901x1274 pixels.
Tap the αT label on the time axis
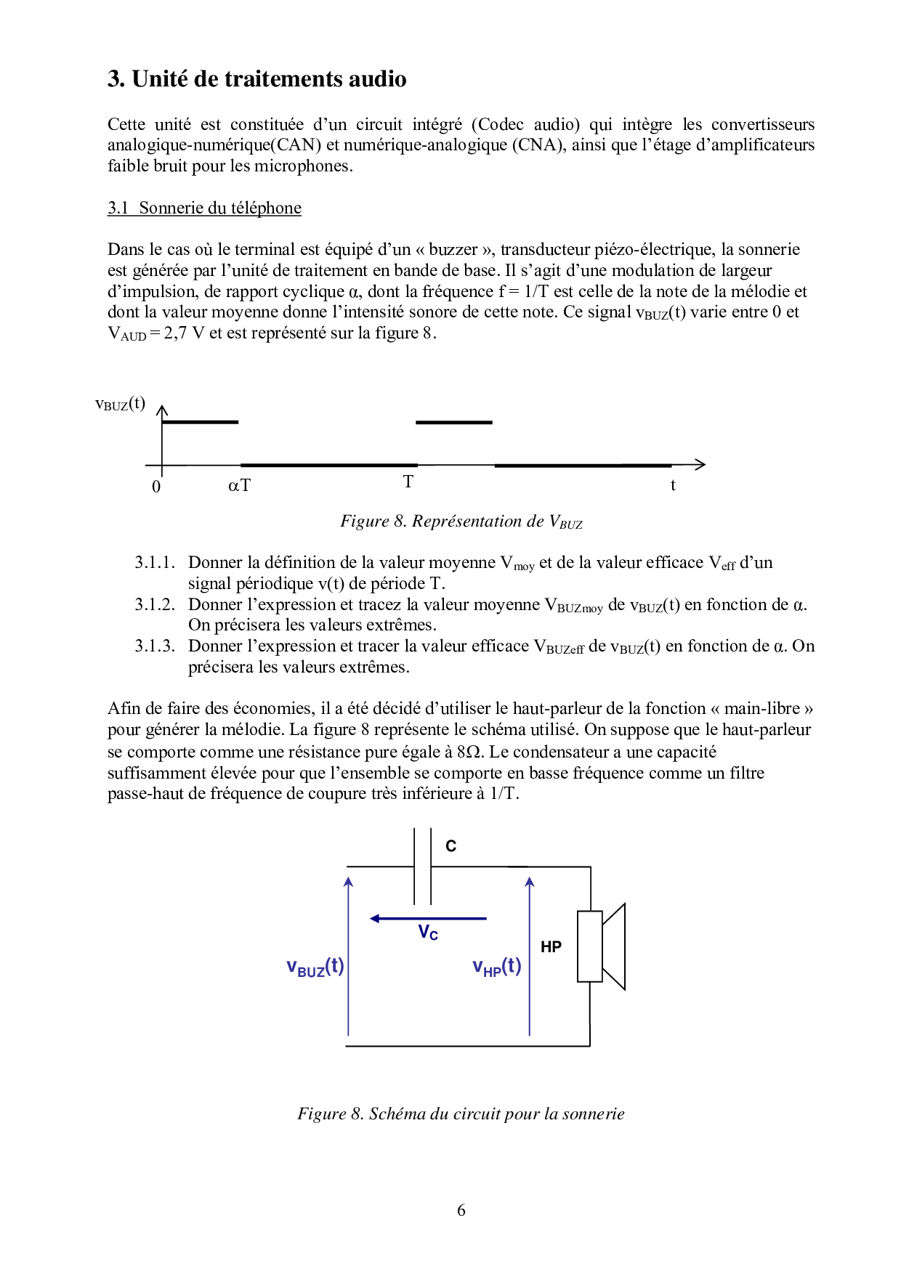click(239, 485)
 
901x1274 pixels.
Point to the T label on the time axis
click(408, 482)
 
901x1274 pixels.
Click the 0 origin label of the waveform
click(156, 487)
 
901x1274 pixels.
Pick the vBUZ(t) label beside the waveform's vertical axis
click(121, 404)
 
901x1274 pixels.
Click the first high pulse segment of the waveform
click(200, 421)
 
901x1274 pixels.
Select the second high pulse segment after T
click(453, 422)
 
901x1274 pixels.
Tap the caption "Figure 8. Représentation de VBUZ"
click(461, 522)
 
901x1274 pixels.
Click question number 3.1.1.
click(155, 562)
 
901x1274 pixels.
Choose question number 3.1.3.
click(155, 646)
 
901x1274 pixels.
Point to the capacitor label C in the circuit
click(450, 846)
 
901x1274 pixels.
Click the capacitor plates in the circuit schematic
click(422, 866)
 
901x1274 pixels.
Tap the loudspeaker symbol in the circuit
click(601, 946)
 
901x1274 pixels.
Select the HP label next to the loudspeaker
click(551, 946)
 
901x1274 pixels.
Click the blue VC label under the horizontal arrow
click(428, 933)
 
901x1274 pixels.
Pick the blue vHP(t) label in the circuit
click(497, 967)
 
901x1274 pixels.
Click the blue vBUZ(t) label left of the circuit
click(315, 967)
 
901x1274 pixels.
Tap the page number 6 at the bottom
click(461, 1210)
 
